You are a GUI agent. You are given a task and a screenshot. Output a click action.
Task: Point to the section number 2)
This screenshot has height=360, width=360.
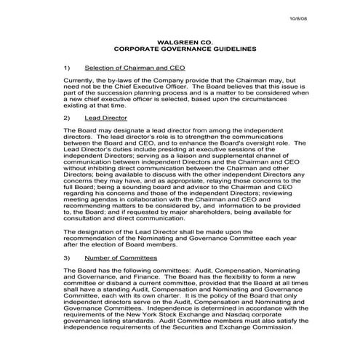tap(67, 116)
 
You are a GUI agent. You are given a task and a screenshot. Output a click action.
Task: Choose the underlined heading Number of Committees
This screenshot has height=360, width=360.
tap(120, 257)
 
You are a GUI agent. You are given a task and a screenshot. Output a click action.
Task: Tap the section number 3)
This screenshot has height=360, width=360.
tap(67, 257)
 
